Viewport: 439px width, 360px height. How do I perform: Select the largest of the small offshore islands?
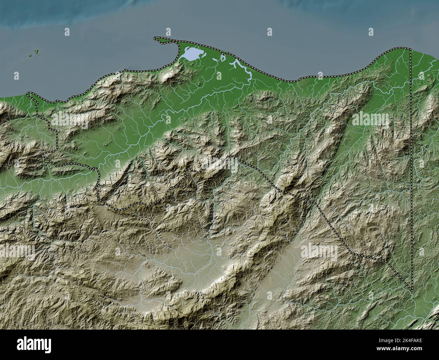click(35, 52)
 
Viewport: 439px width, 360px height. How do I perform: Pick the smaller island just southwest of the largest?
click(30, 55)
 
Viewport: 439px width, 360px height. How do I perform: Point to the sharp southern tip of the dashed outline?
click(412, 290)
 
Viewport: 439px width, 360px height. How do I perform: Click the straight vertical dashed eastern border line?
click(411, 169)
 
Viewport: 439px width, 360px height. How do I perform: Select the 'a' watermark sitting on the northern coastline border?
click(319, 75)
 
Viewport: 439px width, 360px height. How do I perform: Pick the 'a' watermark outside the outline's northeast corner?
click(421, 75)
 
